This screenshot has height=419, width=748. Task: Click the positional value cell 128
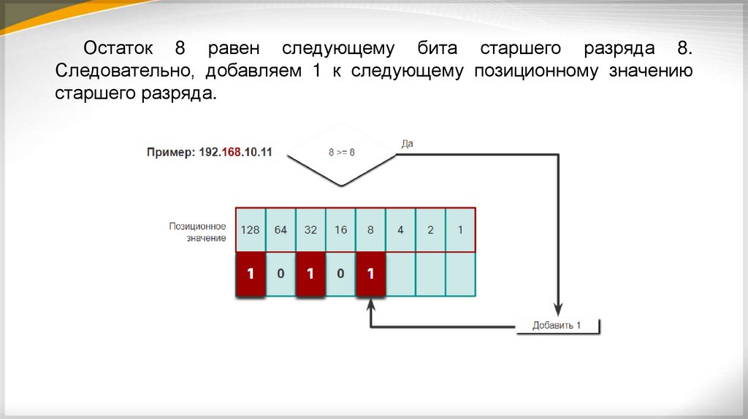coord(251,230)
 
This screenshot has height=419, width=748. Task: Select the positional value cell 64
coord(280,230)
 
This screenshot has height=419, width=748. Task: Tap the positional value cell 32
coord(310,230)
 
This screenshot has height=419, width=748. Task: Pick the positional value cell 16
coord(340,230)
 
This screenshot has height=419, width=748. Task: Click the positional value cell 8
coord(370,230)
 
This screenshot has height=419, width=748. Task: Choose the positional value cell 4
coord(400,230)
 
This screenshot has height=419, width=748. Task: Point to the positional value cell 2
coord(430,230)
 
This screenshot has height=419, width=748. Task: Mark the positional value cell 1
coord(460,230)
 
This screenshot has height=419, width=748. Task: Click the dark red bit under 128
coord(251,274)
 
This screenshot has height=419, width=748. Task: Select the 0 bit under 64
coord(280,274)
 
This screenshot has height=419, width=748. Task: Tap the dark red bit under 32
coord(310,274)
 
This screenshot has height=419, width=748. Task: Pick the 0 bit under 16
coord(340,274)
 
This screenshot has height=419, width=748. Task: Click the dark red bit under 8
coord(370,274)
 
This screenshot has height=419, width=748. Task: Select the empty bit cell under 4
coord(400,274)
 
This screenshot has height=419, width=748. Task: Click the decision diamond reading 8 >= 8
coord(341,153)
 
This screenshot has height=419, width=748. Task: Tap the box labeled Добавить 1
coord(557,326)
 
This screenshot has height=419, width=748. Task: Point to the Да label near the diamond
coord(408,144)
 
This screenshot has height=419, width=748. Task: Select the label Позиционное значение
coord(197,232)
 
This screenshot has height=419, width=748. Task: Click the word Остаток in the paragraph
coord(118,50)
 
